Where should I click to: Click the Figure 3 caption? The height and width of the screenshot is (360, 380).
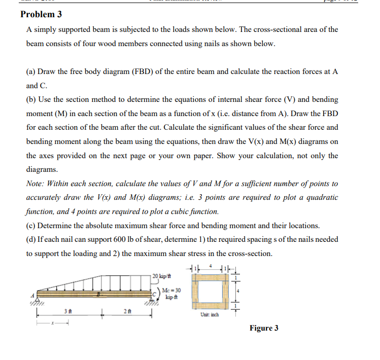coord(263,328)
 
